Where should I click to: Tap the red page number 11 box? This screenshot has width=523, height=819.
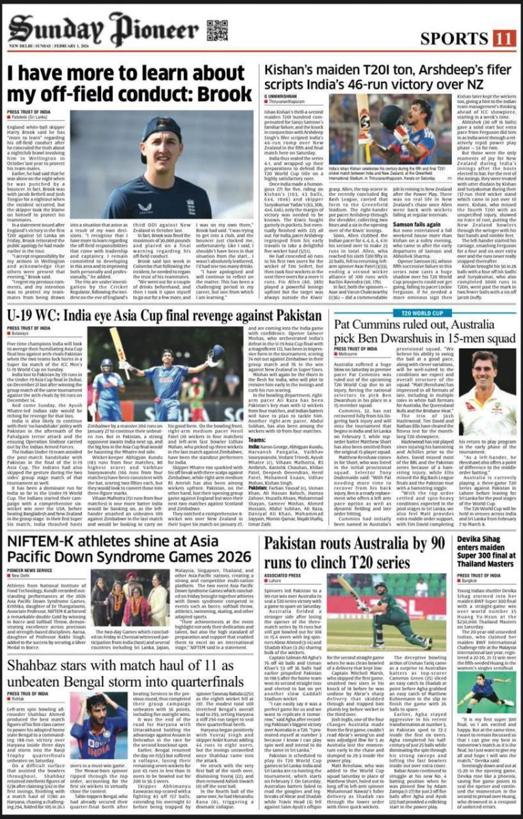[504, 38]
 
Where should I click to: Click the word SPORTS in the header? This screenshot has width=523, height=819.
[455, 38]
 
